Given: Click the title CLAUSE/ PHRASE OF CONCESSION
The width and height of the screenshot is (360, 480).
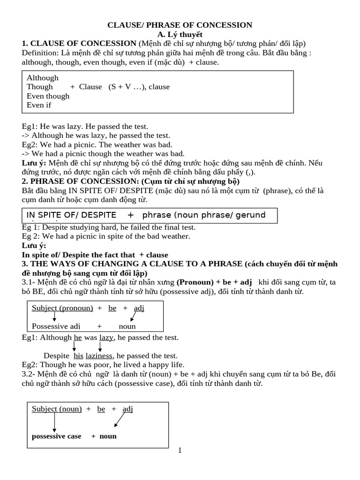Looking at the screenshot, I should (x=180, y=25).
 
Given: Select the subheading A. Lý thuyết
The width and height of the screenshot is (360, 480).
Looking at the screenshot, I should (x=180, y=34).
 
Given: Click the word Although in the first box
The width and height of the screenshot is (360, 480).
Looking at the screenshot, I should (x=43, y=78).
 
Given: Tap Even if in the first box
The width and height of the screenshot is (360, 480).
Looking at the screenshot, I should (x=39, y=105).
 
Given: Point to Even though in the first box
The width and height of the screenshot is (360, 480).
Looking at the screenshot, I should (x=48, y=96).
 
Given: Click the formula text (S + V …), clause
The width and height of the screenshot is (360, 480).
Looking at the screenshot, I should (x=139, y=87).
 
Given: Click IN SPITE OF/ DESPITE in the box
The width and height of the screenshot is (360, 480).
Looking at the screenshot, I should (x=71, y=215).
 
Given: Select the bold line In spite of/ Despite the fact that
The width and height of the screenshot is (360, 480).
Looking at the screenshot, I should (x=95, y=255).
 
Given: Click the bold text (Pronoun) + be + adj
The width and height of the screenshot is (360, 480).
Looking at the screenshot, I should (x=214, y=282).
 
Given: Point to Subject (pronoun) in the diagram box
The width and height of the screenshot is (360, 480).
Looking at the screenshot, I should (x=62, y=308).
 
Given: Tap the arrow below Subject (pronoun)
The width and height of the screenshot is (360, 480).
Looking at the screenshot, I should (x=54, y=317).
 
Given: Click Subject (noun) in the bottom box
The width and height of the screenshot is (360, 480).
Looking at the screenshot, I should (x=57, y=409).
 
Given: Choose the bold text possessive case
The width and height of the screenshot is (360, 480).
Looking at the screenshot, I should (x=56, y=436).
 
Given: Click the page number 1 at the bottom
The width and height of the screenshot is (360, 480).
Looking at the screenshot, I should (x=180, y=451).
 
